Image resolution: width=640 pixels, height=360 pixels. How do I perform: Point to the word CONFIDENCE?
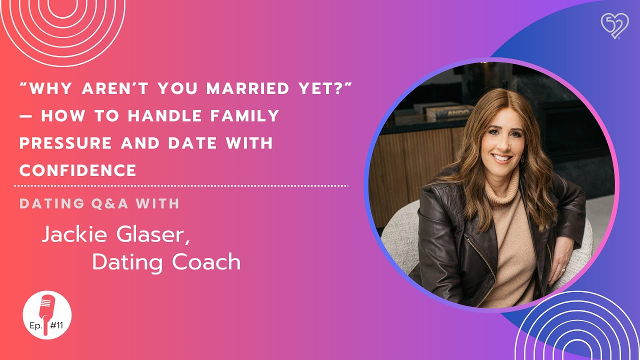[78, 170]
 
